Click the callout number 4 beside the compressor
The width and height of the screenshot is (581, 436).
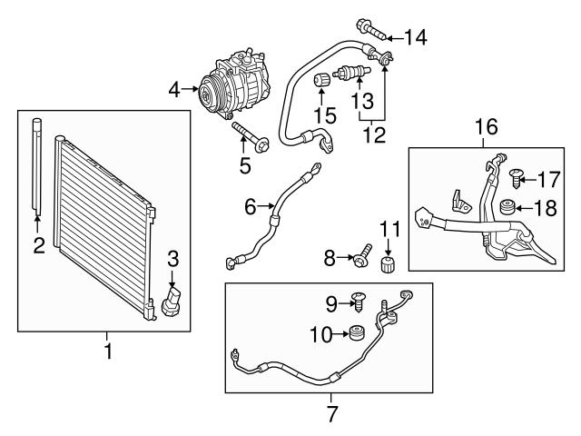[x=174, y=88]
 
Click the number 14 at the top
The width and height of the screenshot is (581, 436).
[x=415, y=37]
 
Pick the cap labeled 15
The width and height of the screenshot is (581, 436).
[x=320, y=83]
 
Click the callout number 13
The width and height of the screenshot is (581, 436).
[x=362, y=99]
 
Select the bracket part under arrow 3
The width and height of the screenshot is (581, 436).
[x=172, y=302]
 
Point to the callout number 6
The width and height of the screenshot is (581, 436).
[x=251, y=207]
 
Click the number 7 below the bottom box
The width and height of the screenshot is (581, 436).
[x=330, y=414]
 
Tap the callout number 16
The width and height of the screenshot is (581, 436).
[x=487, y=127]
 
